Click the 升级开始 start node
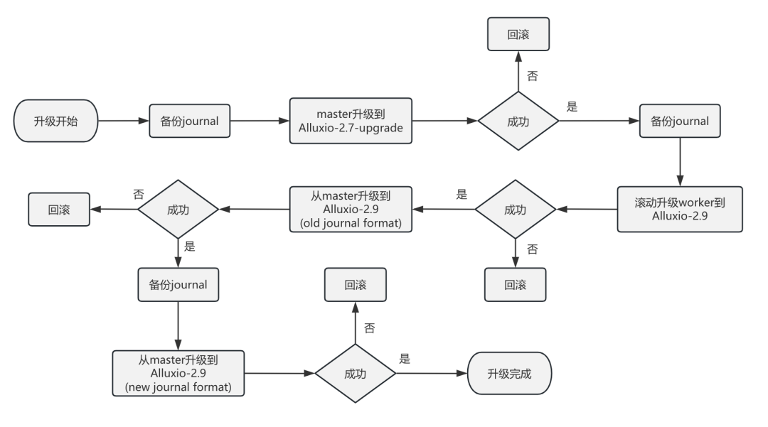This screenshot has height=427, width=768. click(x=55, y=121)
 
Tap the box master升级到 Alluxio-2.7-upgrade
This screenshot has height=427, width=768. click(x=350, y=121)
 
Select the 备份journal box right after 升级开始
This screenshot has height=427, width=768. click(x=189, y=121)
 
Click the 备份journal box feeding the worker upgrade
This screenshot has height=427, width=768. click(x=680, y=121)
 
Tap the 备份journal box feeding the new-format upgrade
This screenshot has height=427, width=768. click(x=178, y=285)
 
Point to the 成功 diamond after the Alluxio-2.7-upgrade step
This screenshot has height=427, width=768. click(x=518, y=121)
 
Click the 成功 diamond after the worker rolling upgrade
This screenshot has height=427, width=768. click(x=516, y=210)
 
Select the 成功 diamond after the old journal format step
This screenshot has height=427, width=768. click(x=178, y=210)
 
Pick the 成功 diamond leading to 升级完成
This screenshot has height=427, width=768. click(x=356, y=374)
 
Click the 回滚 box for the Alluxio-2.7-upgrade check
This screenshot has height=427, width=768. click(x=518, y=33)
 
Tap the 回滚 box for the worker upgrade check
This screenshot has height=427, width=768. click(x=516, y=285)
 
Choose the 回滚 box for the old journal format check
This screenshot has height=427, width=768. click(x=59, y=210)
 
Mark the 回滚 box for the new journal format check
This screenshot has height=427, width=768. click(x=356, y=285)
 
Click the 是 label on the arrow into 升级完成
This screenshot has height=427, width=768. click(x=405, y=360)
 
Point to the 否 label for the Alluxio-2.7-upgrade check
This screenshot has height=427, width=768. click(x=532, y=75)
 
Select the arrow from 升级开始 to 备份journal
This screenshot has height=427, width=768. click(x=122, y=121)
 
